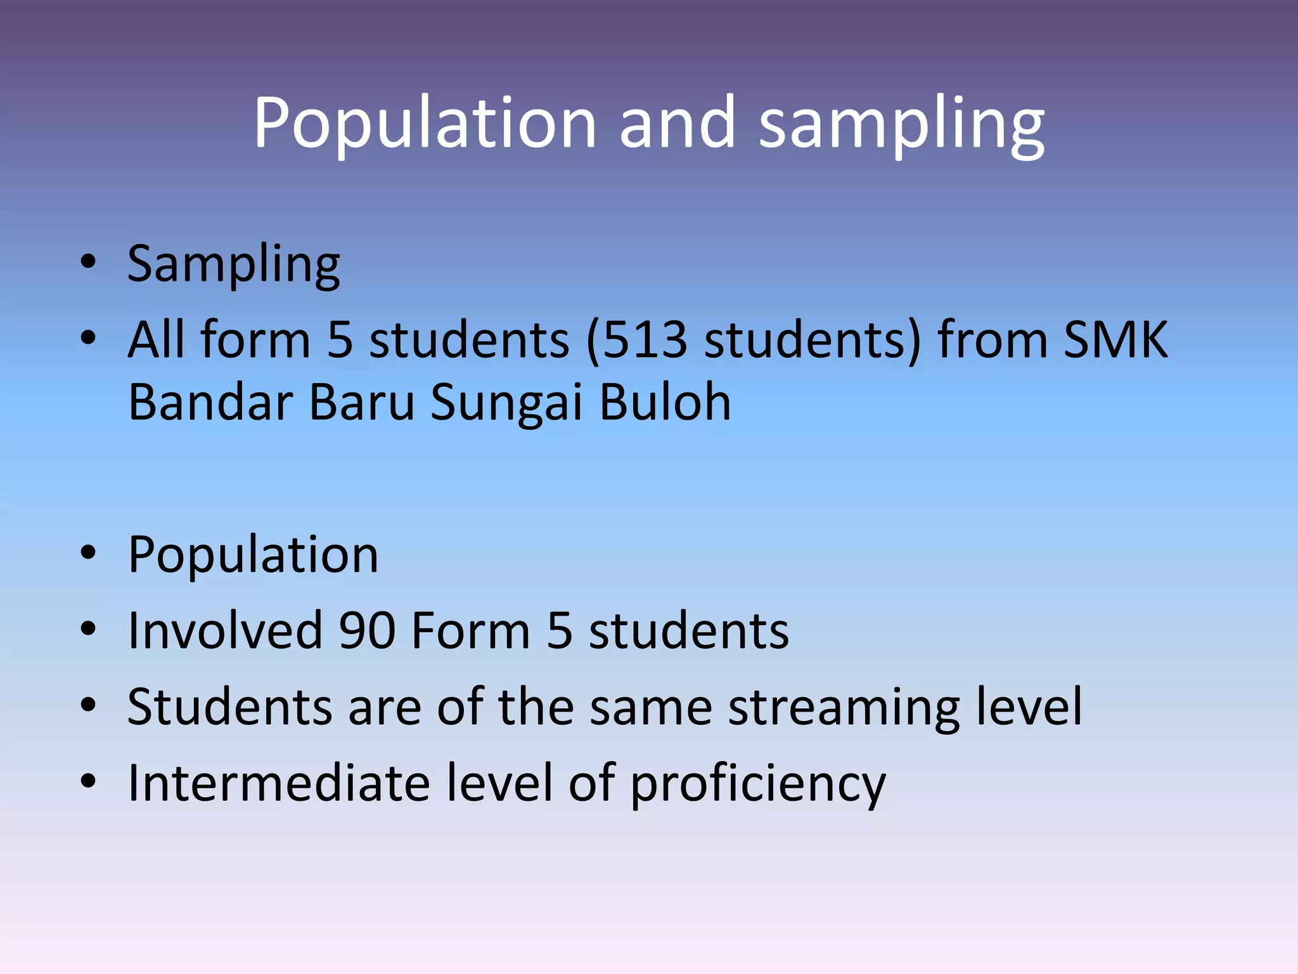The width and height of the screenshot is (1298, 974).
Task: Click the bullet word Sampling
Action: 233,265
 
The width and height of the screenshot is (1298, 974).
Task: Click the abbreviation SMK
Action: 1115,340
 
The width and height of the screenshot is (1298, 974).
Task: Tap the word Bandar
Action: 209,402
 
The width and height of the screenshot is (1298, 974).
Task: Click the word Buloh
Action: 665,402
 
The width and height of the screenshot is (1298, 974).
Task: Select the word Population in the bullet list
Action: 253,555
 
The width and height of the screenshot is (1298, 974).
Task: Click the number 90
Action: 367,630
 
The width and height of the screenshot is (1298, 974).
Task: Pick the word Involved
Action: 224,630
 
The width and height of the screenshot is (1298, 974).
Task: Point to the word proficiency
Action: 758,785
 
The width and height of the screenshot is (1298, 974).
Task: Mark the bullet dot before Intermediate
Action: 88,781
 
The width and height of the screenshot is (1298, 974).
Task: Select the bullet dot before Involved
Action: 88,629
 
